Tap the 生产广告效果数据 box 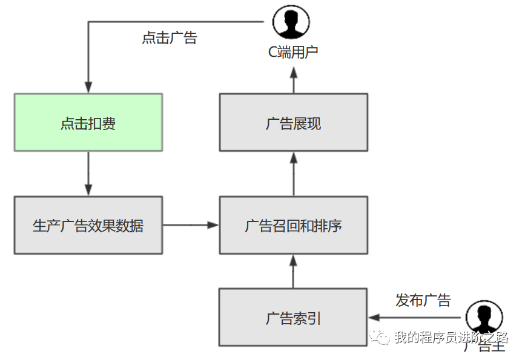pyautogui.click(x=88, y=225)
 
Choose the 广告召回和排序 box pyautogui.click(x=293, y=225)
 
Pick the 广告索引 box pyautogui.click(x=293, y=317)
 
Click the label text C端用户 pyautogui.click(x=293, y=52)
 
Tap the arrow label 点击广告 pyautogui.click(x=170, y=38)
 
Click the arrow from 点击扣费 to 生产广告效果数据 pyautogui.click(x=88, y=174)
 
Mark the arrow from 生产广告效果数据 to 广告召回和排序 pyautogui.click(x=190, y=225)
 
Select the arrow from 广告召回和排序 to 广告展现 pyautogui.click(x=293, y=174)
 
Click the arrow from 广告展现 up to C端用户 pyautogui.click(x=293, y=80)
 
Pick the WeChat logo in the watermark pyautogui.click(x=381, y=338)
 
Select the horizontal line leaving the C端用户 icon pyautogui.click(x=176, y=22)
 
